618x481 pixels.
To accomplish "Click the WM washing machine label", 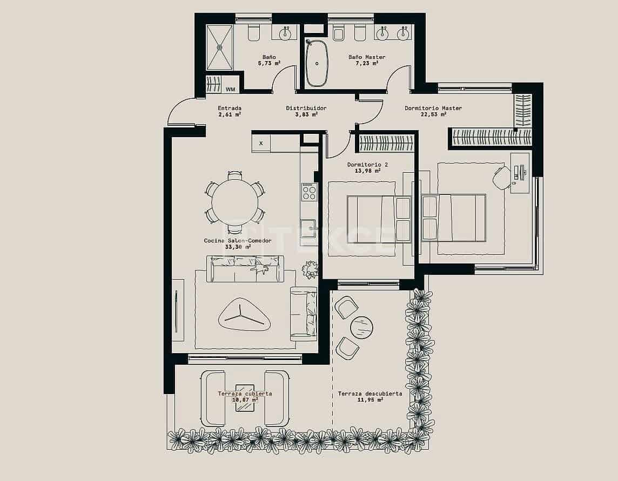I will (x=230, y=89).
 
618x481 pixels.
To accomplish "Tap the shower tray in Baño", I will (x=219, y=48).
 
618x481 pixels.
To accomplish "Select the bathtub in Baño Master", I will (x=317, y=63).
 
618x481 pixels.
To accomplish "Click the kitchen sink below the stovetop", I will (x=308, y=228).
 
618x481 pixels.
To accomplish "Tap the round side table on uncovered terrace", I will (x=361, y=327).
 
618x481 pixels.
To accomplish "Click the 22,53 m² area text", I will (x=433, y=114).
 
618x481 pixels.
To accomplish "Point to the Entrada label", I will (x=230, y=108).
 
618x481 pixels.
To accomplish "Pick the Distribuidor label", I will (x=306, y=108).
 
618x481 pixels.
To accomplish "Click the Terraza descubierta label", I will (x=370, y=394).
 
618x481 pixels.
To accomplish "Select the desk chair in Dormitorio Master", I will (x=502, y=177).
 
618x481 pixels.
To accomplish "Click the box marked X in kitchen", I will (x=261, y=143).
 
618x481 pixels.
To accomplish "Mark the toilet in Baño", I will (x=254, y=33).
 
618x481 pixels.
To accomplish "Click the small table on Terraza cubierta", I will (x=245, y=398).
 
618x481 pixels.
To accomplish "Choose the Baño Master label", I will (x=367, y=57).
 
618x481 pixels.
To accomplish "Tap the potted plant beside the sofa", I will (x=310, y=269).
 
